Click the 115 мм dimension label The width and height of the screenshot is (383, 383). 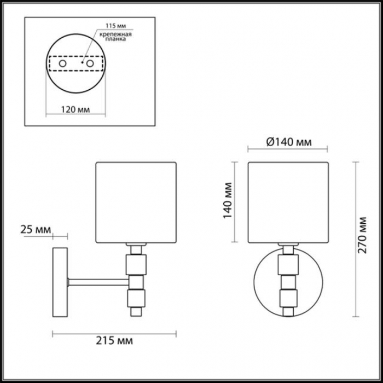116,26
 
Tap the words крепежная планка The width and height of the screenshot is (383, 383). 115,37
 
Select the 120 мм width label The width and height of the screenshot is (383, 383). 76,109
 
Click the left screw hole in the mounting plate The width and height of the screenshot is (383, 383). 62,64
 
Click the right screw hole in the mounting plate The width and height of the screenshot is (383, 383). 90,64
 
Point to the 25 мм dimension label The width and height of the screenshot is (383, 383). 36,230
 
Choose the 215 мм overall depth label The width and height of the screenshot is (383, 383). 114,340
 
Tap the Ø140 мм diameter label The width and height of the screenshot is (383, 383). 289,142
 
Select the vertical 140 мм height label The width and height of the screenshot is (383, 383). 228,201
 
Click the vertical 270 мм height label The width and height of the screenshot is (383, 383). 362,235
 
